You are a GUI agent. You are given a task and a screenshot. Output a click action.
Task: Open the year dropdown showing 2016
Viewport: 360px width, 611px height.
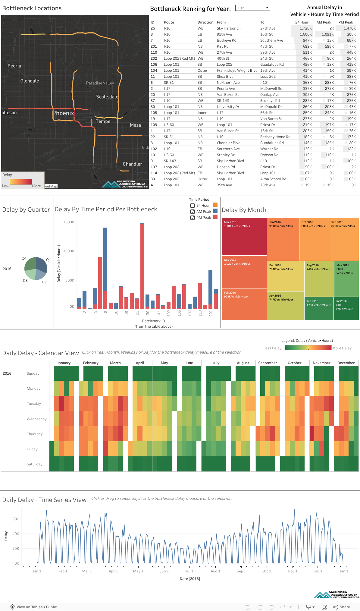pos(252,8)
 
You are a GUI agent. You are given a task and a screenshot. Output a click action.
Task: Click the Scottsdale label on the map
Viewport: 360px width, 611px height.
pos(107,97)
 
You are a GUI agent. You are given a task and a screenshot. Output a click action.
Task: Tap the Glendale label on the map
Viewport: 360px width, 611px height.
pos(30,81)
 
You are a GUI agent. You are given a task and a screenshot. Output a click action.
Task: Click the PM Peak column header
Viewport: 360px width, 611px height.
pos(346,22)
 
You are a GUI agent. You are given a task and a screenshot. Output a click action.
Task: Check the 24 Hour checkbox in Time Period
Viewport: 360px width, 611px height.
pos(193,206)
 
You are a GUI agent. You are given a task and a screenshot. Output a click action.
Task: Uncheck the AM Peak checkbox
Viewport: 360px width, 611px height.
pos(193,212)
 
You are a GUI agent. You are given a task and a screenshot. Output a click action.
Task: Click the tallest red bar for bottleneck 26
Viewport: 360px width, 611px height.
pos(142,265)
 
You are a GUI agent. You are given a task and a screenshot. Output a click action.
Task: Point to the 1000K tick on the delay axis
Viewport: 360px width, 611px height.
pos(68,251)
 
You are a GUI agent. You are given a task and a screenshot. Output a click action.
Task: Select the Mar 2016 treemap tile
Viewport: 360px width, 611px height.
pos(244,237)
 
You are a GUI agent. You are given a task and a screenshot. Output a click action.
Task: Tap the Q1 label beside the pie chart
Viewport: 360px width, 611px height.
pos(49,260)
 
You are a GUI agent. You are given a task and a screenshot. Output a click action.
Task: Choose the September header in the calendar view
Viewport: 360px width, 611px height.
pos(267,363)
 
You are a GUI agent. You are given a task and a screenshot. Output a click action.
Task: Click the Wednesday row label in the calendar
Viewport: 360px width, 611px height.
pos(36,419)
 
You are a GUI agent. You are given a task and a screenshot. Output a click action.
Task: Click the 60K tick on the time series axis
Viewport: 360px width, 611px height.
pos(16,519)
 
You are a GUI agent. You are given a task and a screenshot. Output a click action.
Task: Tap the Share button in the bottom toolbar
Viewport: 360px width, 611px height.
pos(342,607)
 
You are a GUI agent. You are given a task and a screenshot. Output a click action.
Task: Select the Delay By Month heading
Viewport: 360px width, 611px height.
pos(244,210)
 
